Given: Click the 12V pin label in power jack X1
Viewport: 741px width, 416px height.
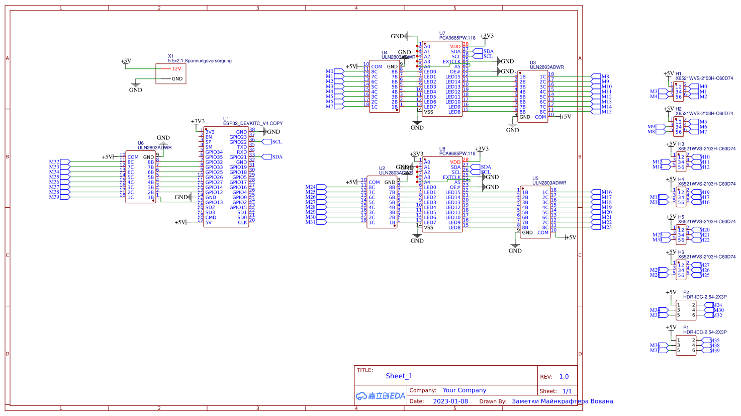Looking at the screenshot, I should [176, 69].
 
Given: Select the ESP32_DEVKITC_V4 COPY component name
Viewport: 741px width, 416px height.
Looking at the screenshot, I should [253, 123].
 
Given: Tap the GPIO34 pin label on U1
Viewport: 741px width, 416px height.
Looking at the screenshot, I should [214, 152].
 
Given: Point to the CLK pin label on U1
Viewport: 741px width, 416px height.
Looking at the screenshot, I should [242, 222].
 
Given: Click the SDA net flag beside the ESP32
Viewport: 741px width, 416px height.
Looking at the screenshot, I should [277, 157].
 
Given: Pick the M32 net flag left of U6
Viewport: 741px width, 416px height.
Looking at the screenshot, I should [54, 162].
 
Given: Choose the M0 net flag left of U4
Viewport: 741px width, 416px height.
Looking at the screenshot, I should [329, 71].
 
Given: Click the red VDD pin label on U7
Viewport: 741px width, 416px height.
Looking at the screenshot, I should [455, 46].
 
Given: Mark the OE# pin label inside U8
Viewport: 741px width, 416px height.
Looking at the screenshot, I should [455, 187].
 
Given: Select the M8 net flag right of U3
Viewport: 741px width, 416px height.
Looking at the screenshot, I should [605, 76].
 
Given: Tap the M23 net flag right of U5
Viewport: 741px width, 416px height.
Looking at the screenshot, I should [607, 227].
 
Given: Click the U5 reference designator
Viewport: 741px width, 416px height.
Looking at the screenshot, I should [535, 179].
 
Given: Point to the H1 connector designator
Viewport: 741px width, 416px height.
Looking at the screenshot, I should [679, 74].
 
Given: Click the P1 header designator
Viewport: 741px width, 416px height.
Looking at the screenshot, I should [686, 327].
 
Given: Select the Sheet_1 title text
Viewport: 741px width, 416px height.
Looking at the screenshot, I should [399, 376].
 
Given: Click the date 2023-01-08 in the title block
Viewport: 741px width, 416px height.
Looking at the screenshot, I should [450, 401].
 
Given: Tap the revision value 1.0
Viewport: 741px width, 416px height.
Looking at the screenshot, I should [564, 376].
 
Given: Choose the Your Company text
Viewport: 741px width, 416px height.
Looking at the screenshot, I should [464, 390].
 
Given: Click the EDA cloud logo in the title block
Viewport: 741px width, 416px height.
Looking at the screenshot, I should [380, 396].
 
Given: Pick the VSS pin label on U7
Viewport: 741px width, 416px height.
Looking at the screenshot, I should [428, 112].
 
